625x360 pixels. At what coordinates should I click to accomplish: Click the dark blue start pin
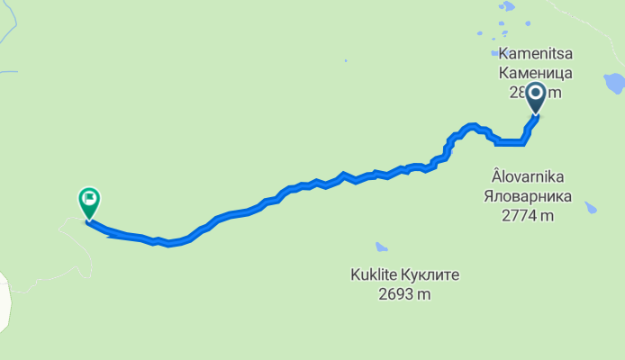(x=536, y=96)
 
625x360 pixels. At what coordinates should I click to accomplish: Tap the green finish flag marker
(x=88, y=202)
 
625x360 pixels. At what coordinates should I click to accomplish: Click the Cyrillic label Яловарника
(x=528, y=197)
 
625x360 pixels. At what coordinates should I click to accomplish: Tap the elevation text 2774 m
(x=528, y=215)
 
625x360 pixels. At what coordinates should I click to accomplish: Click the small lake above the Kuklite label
(x=382, y=247)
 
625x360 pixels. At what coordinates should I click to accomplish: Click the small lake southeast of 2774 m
(x=591, y=208)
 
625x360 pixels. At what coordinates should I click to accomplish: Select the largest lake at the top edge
(x=508, y=6)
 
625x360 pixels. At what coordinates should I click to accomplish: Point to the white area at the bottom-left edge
(x=5, y=301)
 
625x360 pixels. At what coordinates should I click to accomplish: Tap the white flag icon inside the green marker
(x=88, y=198)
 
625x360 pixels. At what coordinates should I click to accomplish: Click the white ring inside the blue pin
(x=536, y=92)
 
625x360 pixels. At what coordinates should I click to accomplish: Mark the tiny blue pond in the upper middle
(x=345, y=61)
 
